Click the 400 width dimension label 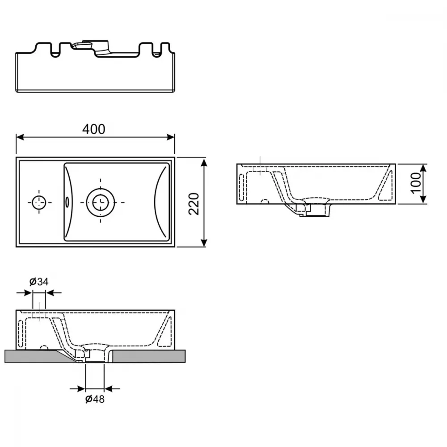coord(94,129)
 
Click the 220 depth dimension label coord(194,204)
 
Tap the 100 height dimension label coord(416,183)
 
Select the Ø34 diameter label coord(39,282)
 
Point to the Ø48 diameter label coord(95,399)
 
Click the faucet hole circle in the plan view coord(39,202)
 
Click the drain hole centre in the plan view coord(101,202)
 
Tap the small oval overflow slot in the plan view coord(67,202)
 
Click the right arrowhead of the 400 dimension coord(171,137)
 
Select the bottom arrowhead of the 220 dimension coord(204,243)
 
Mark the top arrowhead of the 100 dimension coord(423,168)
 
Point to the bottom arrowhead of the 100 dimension coord(423,200)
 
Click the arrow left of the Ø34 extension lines coord(25,293)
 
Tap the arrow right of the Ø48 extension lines coord(112,388)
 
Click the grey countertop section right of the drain coord(149,356)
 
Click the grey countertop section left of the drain coord(37,356)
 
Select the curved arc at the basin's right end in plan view coord(160,202)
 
